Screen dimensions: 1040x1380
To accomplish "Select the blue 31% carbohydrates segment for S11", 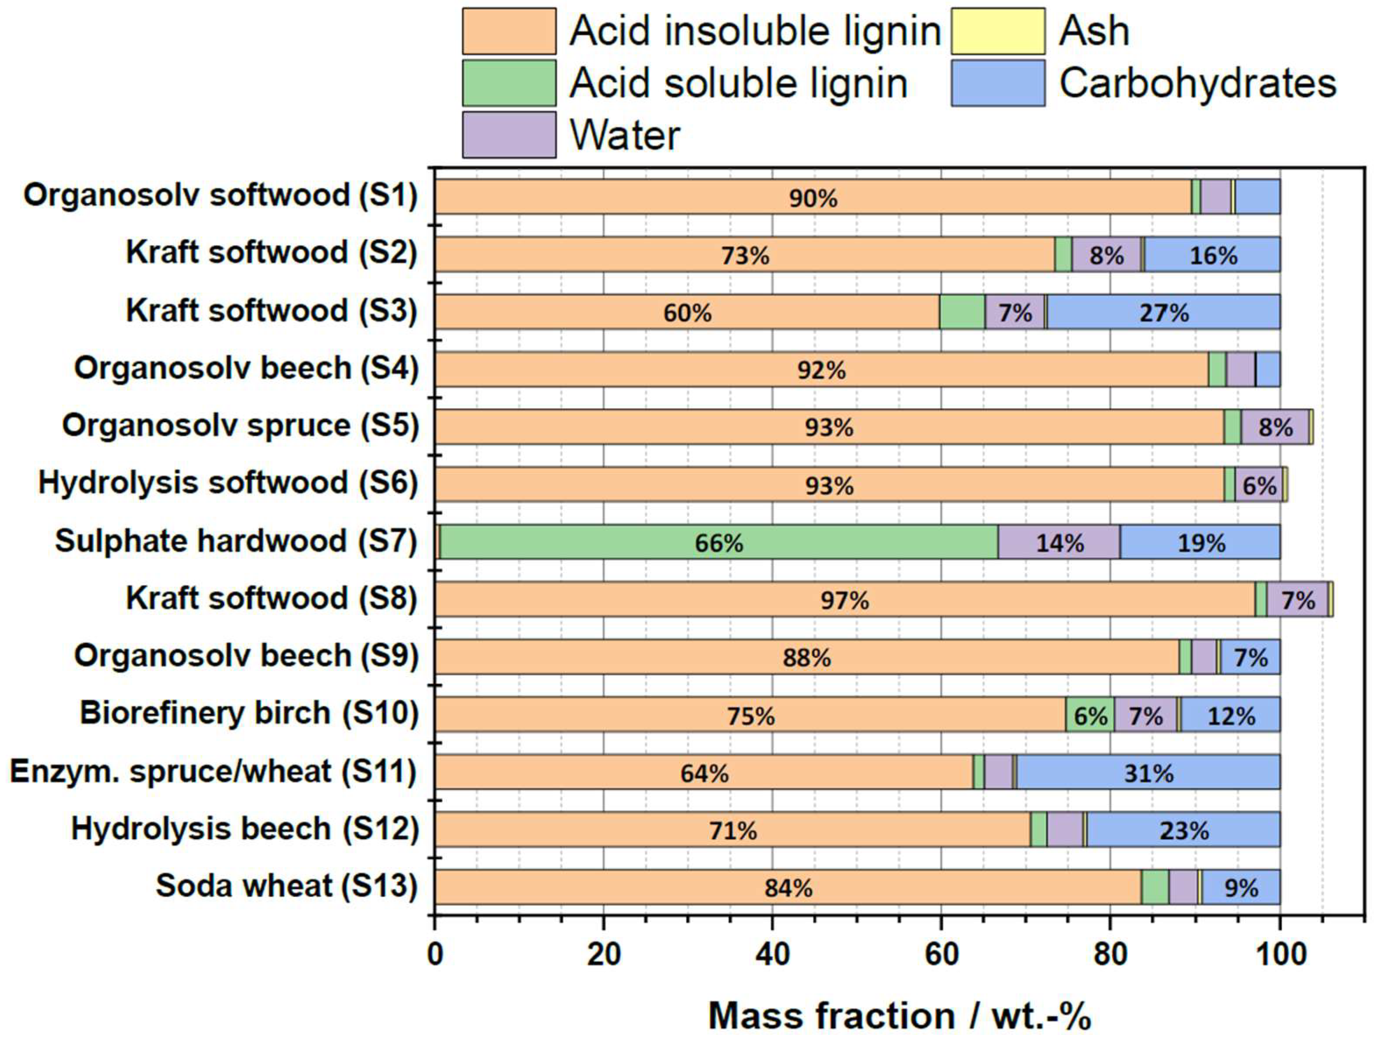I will pyautogui.click(x=1148, y=773).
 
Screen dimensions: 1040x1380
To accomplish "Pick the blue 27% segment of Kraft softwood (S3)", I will pyautogui.click(x=1164, y=312).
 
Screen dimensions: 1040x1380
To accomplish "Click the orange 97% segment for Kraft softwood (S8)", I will pyautogui.click(x=844, y=600).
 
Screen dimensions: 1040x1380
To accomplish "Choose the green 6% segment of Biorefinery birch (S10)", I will pyautogui.click(x=1090, y=715).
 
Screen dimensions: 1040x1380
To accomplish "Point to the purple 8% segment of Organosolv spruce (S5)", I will pyautogui.click(x=1275, y=427).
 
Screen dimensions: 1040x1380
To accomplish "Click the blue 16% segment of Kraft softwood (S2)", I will pyautogui.click(x=1212, y=254).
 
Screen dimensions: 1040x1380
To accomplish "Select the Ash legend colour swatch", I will pyautogui.click(x=997, y=31).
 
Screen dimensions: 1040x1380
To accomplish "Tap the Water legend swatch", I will pyautogui.click(x=509, y=135).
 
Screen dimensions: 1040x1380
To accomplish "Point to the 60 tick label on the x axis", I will pyautogui.click(x=941, y=955).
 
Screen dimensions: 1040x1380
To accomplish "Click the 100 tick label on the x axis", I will pyautogui.click(x=1279, y=955).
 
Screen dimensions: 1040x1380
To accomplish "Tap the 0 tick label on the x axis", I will pyautogui.click(x=435, y=955).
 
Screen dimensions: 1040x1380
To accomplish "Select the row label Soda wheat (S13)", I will pyautogui.click(x=286, y=886).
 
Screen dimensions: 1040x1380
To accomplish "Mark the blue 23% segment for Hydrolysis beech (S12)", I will pyautogui.click(x=1183, y=830).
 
